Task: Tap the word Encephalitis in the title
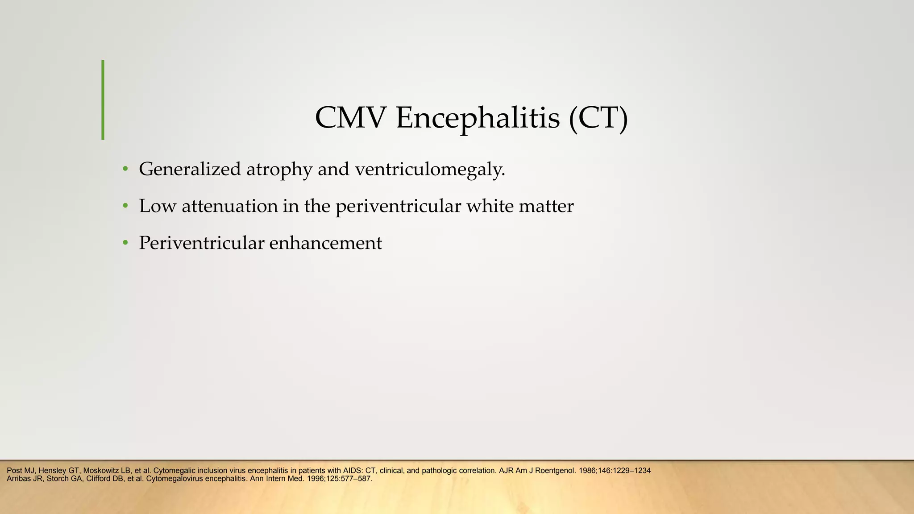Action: (x=478, y=118)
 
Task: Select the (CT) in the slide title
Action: (x=598, y=118)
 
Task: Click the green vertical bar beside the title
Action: (x=103, y=100)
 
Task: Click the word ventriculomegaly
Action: (x=430, y=169)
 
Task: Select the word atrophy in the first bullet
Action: (x=279, y=170)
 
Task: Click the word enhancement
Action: (x=325, y=243)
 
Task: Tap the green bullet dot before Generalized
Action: (x=125, y=169)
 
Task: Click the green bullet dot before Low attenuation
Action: (x=125, y=206)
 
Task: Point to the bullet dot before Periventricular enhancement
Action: (x=125, y=243)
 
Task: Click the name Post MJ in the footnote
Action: (x=21, y=471)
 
